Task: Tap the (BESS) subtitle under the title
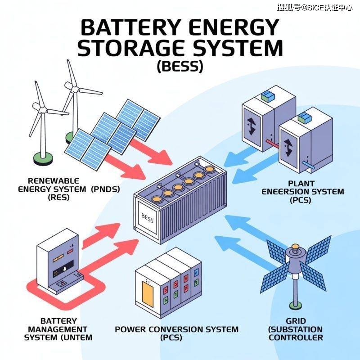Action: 180,67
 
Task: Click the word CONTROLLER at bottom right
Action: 296,337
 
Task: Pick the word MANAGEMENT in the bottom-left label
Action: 58,329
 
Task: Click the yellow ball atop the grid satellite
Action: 295,247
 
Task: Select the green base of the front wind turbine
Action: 42,157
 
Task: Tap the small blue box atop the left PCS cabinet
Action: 267,96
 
